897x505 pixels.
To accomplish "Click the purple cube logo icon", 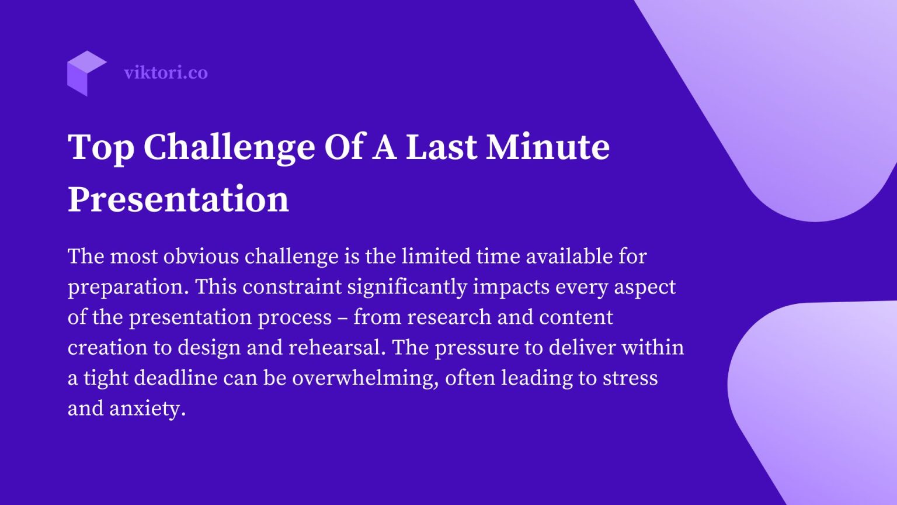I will tap(86, 73).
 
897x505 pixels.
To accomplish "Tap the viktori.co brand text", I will tap(166, 73).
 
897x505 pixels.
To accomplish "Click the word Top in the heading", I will tap(100, 147).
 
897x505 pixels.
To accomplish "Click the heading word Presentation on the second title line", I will tap(178, 199).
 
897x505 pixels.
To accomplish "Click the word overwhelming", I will tap(365, 378).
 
